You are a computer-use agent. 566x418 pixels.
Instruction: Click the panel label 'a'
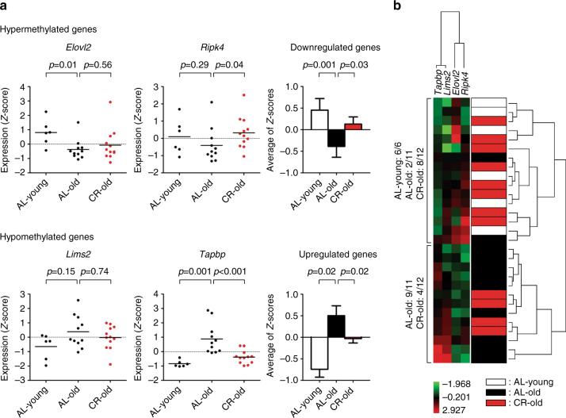point(6,7)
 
